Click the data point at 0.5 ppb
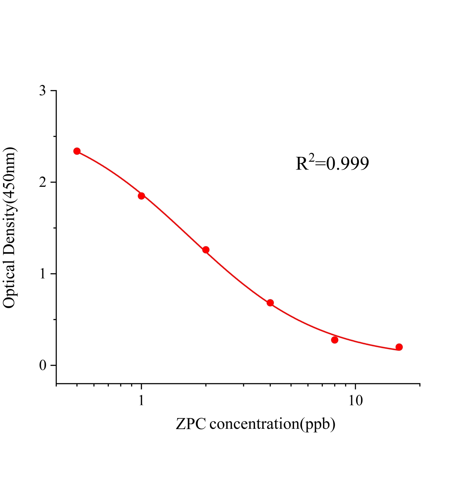click(77, 151)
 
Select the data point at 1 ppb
click(141, 196)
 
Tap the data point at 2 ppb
click(206, 250)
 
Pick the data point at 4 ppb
click(270, 303)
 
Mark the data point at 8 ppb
click(334, 340)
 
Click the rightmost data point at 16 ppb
click(399, 347)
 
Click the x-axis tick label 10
click(355, 401)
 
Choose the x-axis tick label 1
click(141, 401)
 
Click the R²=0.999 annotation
click(332, 163)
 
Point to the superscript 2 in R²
click(312, 158)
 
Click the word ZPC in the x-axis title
click(191, 424)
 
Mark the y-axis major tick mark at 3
click(53, 91)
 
